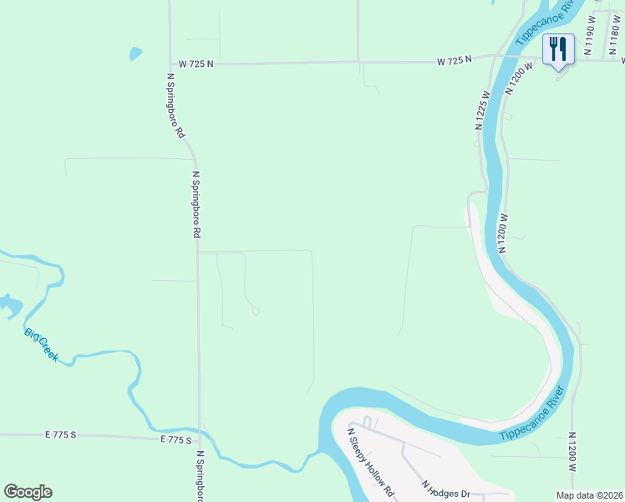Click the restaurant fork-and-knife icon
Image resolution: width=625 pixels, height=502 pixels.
(x=557, y=49)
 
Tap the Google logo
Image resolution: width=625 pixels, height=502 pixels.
(x=28, y=492)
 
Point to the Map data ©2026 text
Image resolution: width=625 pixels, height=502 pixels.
(x=590, y=495)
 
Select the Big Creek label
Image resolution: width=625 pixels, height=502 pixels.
(x=41, y=345)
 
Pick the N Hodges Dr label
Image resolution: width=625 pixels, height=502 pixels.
(x=448, y=490)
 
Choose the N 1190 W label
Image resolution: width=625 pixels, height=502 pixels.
(x=590, y=36)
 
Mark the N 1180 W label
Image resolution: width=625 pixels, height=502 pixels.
(x=613, y=33)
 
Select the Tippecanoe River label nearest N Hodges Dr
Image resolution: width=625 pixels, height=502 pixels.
(x=533, y=417)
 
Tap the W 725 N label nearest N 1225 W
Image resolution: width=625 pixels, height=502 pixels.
(x=455, y=60)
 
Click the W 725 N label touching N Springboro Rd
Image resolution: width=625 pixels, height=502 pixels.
(x=196, y=63)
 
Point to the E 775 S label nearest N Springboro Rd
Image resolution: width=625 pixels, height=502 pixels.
(x=176, y=439)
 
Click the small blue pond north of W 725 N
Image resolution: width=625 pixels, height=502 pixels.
(x=136, y=54)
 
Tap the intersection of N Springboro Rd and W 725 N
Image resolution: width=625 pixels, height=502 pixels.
(x=170, y=63)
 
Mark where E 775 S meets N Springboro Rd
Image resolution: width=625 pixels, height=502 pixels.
(x=199, y=437)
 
